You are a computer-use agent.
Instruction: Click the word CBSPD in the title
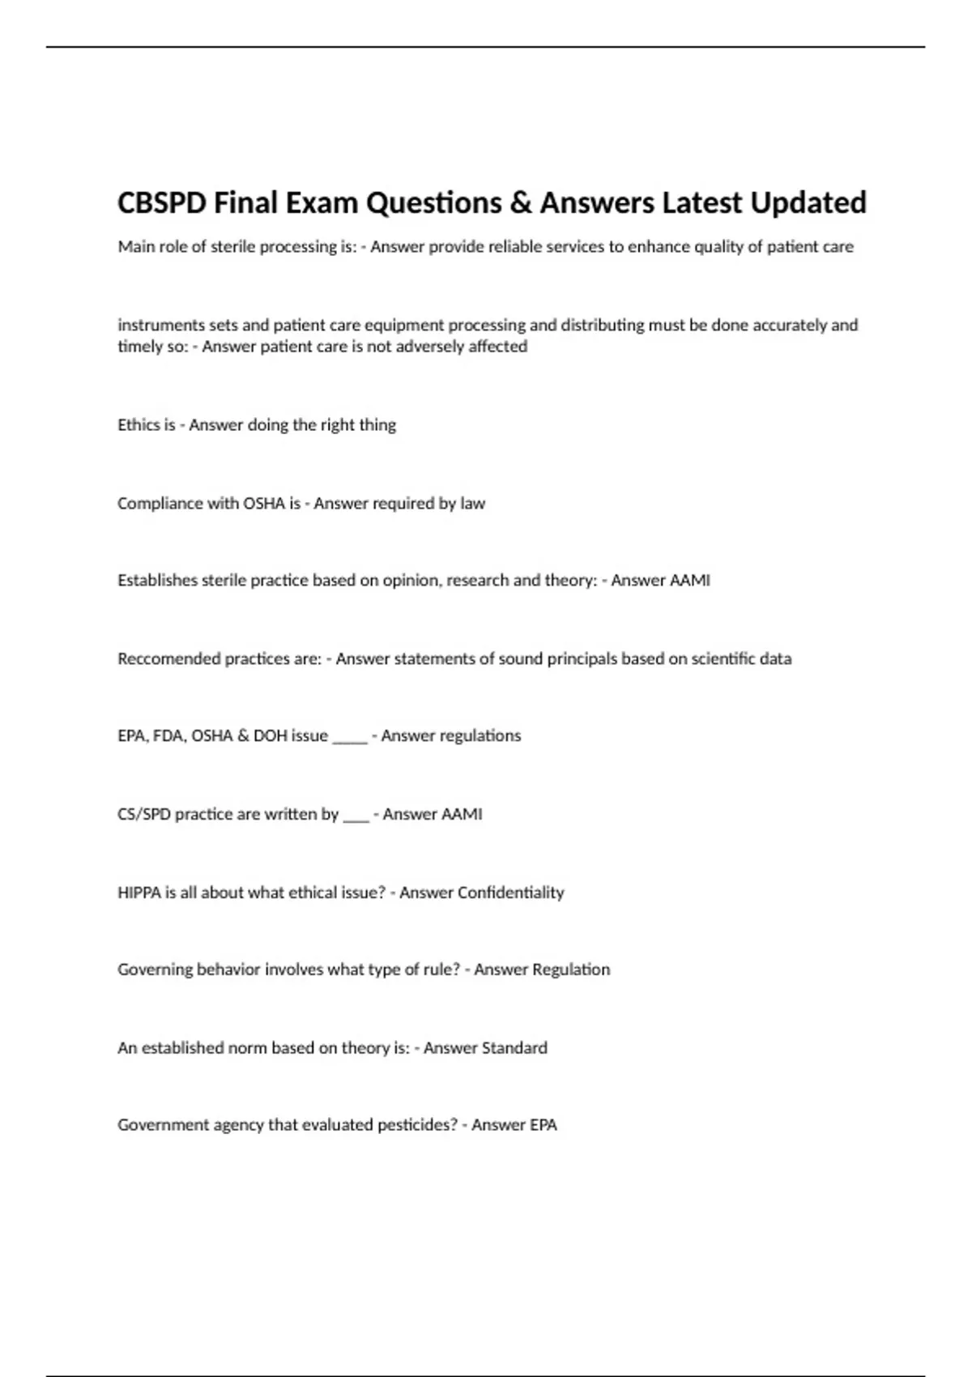[162, 202]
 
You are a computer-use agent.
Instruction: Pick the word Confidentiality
[510, 892]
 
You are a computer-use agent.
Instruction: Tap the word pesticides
[414, 1124]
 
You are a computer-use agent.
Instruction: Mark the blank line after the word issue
[350, 739]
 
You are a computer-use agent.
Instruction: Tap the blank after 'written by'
[356, 817]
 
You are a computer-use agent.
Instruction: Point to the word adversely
[433, 346]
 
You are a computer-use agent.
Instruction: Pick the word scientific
[721, 659]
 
